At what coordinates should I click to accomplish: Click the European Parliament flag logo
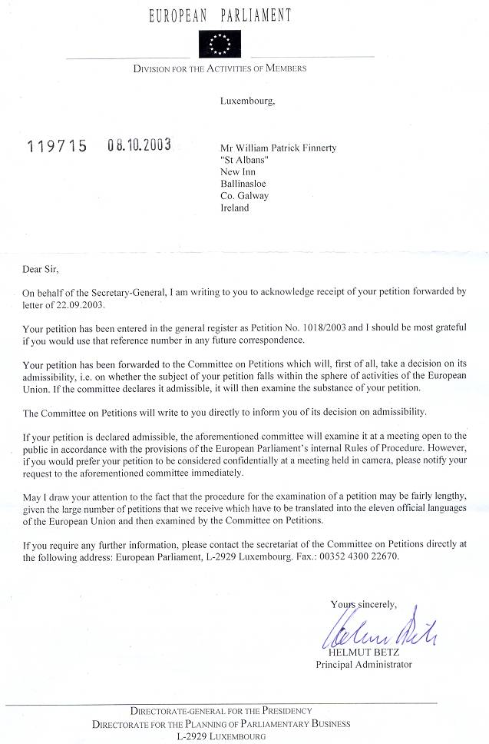pos(220,44)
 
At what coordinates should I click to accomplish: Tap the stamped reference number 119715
pos(58,144)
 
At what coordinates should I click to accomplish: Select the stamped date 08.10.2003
pos(139,144)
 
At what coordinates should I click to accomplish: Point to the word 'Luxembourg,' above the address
pos(247,100)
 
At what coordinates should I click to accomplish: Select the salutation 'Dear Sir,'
pos(40,269)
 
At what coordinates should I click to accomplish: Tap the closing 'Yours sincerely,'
pos(363,604)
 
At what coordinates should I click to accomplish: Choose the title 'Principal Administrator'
pos(364,665)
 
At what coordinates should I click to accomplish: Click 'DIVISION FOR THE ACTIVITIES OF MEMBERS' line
pos(220,68)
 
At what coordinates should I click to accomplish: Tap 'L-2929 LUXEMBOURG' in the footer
pos(221,736)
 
